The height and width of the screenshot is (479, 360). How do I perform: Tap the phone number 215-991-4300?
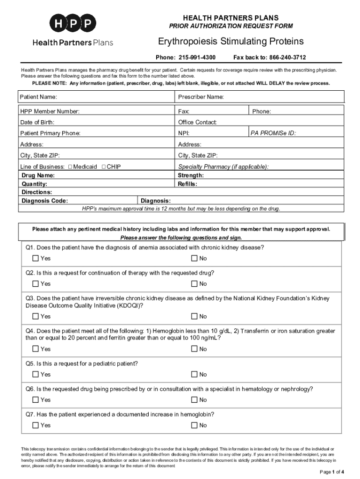tap(197, 58)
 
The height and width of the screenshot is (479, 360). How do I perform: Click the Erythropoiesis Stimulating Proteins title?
tap(230, 42)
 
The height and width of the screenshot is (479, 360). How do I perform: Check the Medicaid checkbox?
tap(70, 167)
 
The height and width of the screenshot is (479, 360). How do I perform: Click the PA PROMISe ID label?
tap(273, 133)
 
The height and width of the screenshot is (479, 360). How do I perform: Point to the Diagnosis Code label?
tap(45, 201)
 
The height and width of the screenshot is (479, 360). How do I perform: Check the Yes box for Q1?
tap(36, 258)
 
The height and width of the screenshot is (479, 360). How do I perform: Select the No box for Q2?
tap(194, 283)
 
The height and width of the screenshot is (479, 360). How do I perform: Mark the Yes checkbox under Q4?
tap(36, 349)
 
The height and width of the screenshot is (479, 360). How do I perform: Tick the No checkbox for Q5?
tap(194, 374)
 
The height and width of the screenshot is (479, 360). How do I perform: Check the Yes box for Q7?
tap(36, 425)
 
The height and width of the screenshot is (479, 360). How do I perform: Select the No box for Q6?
tap(194, 400)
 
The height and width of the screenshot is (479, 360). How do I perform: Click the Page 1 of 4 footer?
tap(332, 471)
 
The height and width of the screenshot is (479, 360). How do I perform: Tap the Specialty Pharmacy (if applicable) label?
tap(223, 167)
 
